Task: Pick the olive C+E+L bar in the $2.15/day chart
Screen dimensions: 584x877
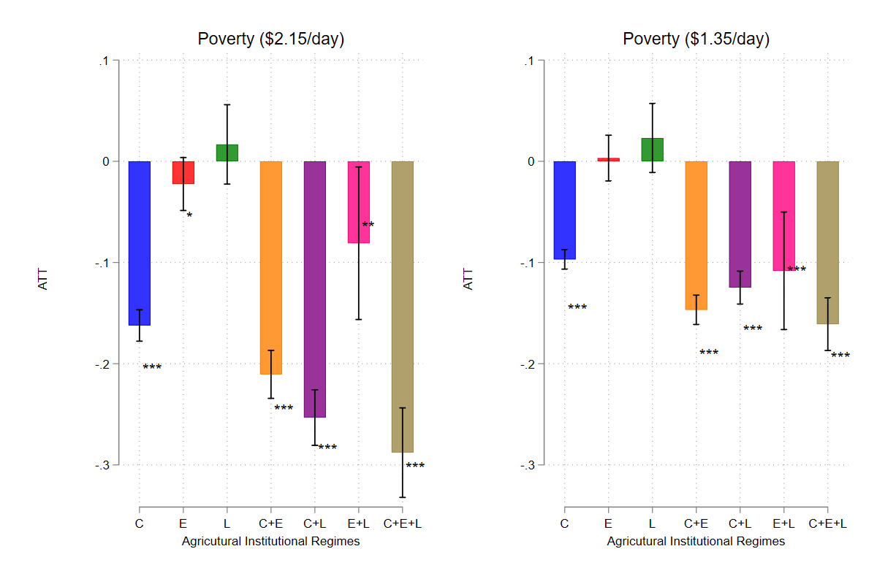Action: pos(403,307)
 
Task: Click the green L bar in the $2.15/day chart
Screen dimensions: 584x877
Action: pos(227,153)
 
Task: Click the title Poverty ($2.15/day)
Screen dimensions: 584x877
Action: pos(271,39)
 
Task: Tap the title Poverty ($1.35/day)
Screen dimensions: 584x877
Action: pos(696,39)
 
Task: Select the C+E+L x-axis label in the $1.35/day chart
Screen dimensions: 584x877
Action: pos(828,523)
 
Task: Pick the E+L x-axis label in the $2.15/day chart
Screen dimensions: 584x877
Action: pos(359,523)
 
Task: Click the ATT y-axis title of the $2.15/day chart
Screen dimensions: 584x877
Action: pos(43,280)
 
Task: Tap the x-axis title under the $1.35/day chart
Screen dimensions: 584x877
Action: pos(696,542)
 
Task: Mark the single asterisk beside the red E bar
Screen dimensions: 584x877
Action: pos(189,216)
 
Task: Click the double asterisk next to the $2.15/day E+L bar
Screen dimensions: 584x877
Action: pos(368,226)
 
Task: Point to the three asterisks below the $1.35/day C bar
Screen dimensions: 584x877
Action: pos(577,308)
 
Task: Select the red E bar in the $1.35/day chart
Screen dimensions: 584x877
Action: pos(609,159)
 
